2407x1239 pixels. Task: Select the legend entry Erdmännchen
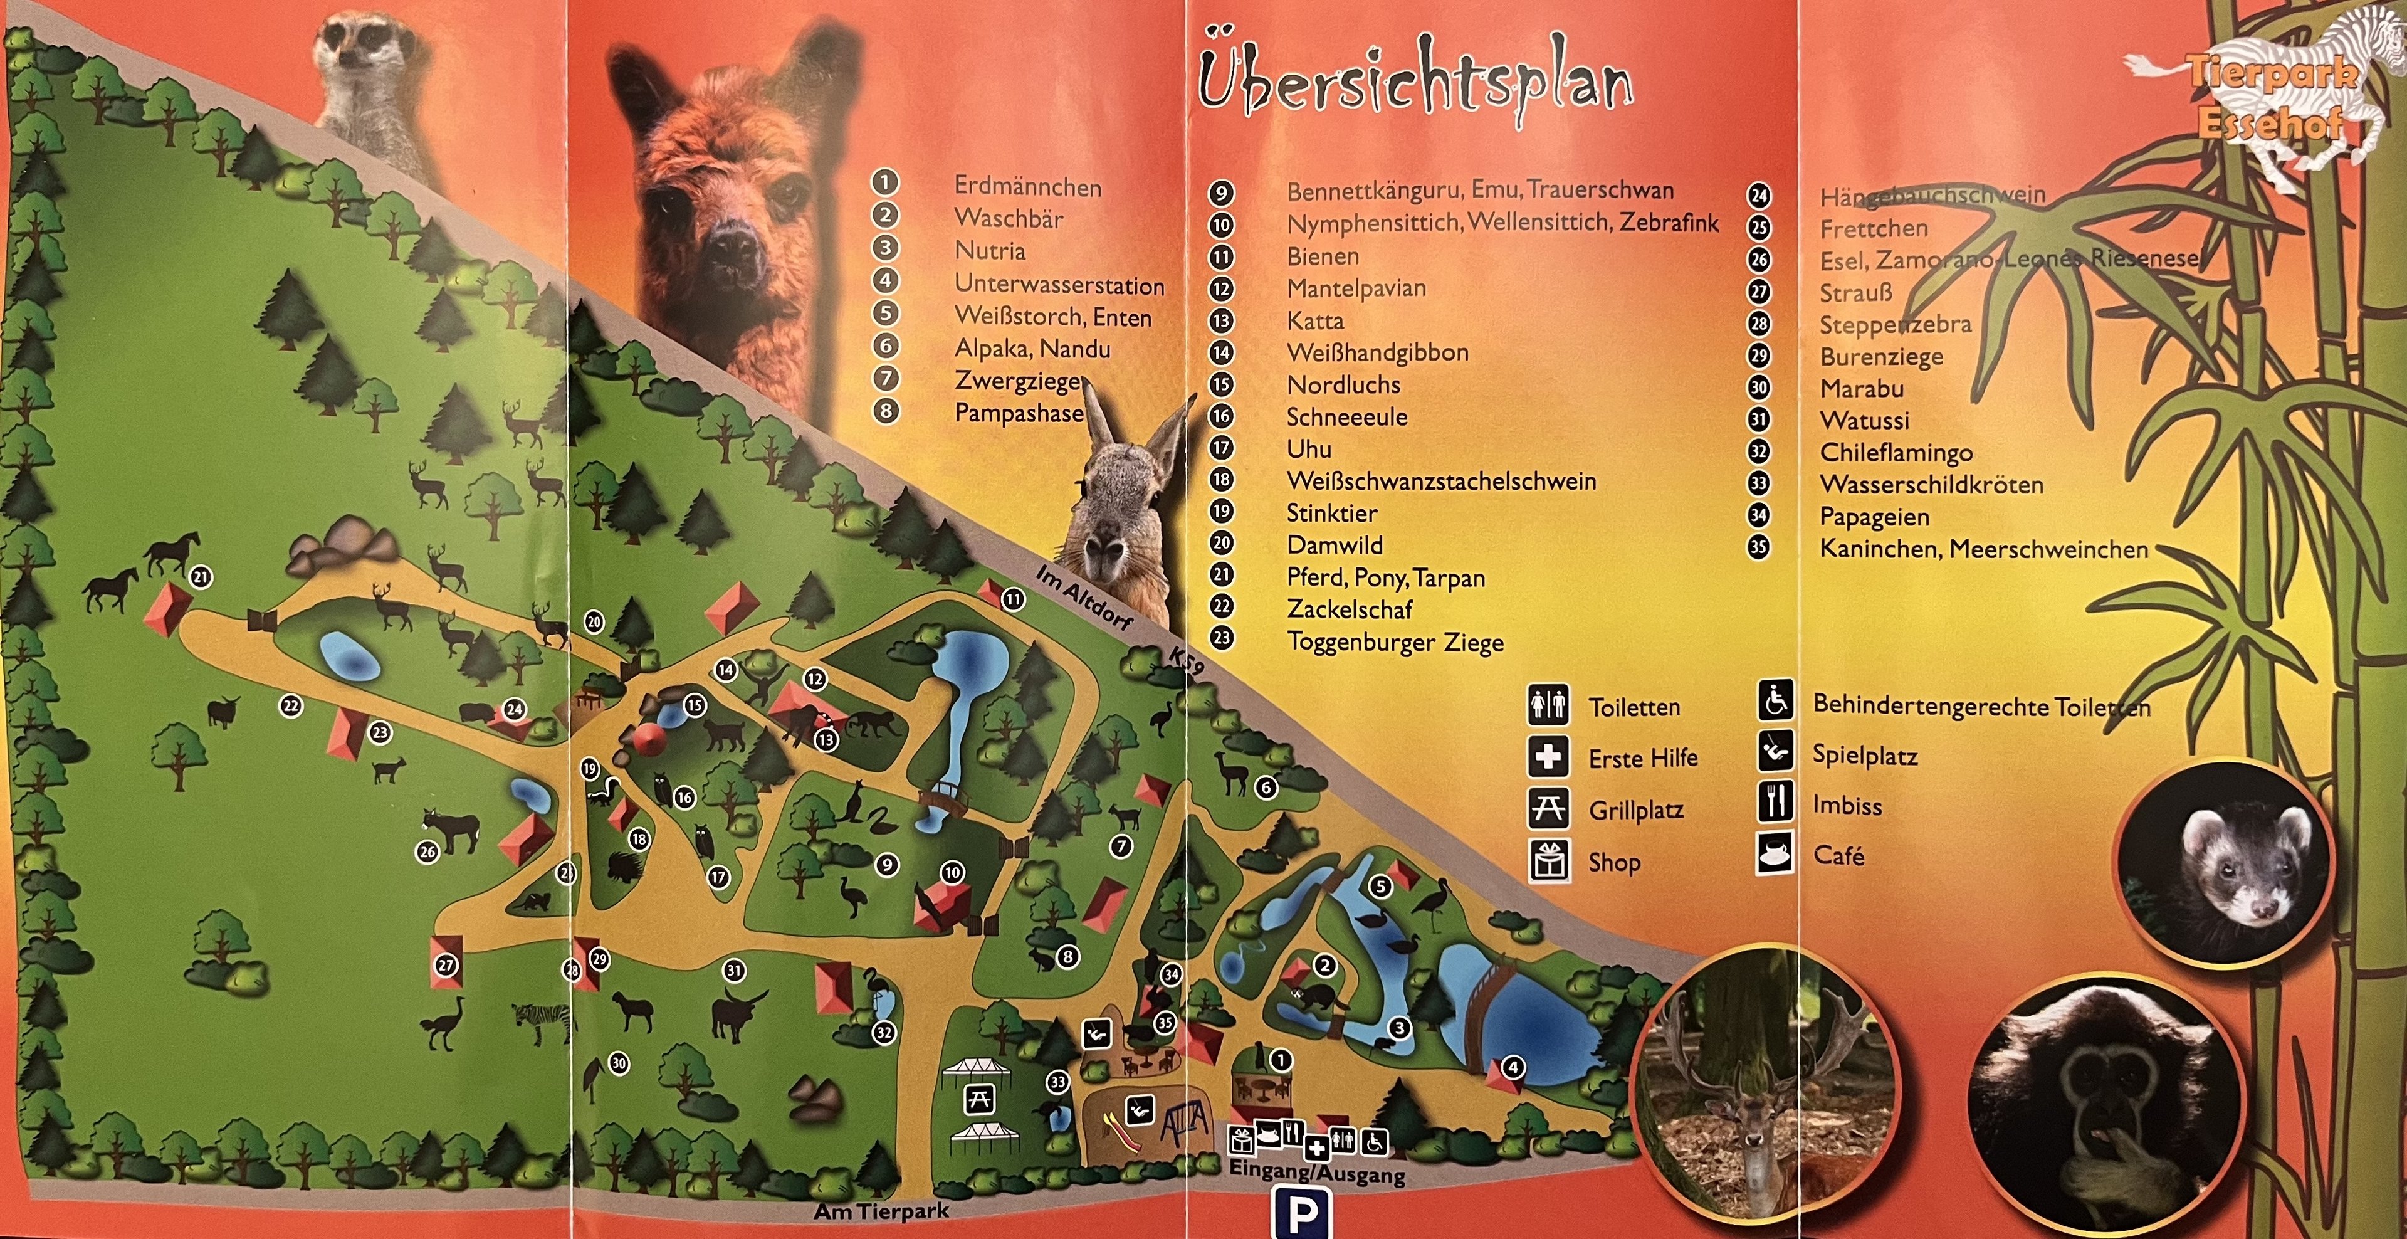click(x=1027, y=187)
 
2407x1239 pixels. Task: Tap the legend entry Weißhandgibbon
click(x=1377, y=352)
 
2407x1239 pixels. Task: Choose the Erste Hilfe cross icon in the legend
click(x=1548, y=756)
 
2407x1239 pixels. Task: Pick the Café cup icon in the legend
click(x=1775, y=853)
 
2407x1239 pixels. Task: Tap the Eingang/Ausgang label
click(x=1316, y=1173)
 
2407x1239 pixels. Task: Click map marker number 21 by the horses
click(x=201, y=577)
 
